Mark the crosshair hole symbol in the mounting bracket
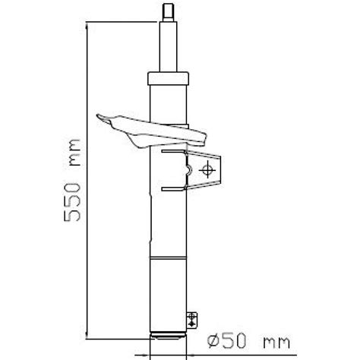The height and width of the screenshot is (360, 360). [x=205, y=172]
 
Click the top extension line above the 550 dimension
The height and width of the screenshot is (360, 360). [x=122, y=24]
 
